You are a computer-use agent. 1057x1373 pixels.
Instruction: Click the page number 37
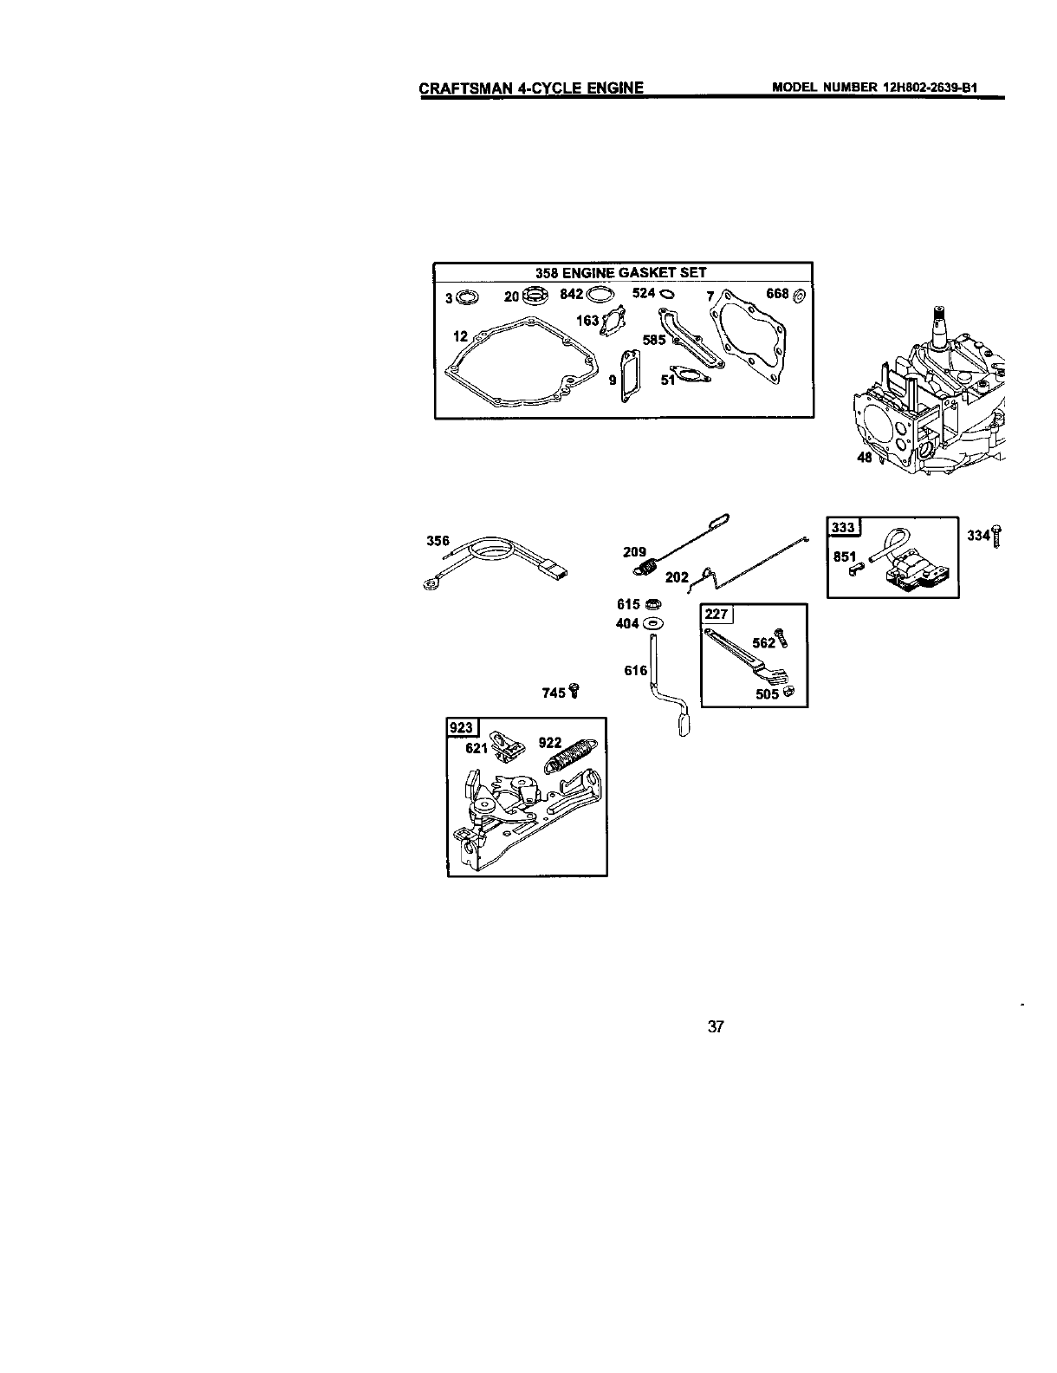715,1027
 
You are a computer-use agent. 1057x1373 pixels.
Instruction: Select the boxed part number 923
459,727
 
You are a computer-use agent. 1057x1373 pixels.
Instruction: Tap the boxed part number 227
717,615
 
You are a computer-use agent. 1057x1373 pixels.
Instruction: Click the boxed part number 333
842,528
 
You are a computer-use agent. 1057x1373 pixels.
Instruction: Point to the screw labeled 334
998,536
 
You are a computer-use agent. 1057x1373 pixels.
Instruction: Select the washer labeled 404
652,624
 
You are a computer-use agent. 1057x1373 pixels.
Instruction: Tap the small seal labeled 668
799,296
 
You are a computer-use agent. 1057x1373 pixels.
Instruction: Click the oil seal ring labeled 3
466,297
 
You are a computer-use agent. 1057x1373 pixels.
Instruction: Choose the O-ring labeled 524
666,295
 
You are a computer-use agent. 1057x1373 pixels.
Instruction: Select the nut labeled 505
788,693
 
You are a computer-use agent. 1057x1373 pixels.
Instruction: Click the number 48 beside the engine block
865,458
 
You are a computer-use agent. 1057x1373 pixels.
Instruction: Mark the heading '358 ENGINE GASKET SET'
623,272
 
